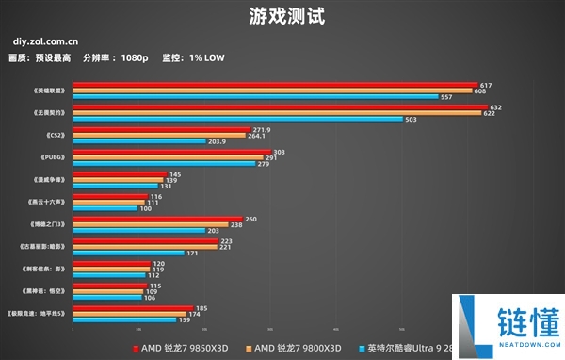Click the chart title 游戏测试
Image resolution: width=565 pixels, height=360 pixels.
click(x=282, y=16)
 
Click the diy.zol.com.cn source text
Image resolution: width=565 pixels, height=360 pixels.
click(x=46, y=41)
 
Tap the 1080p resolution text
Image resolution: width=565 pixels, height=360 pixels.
click(x=135, y=57)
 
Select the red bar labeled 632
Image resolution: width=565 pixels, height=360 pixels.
click(x=280, y=107)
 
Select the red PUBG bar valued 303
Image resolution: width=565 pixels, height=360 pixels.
click(x=171, y=151)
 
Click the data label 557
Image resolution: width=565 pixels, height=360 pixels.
click(x=446, y=97)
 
